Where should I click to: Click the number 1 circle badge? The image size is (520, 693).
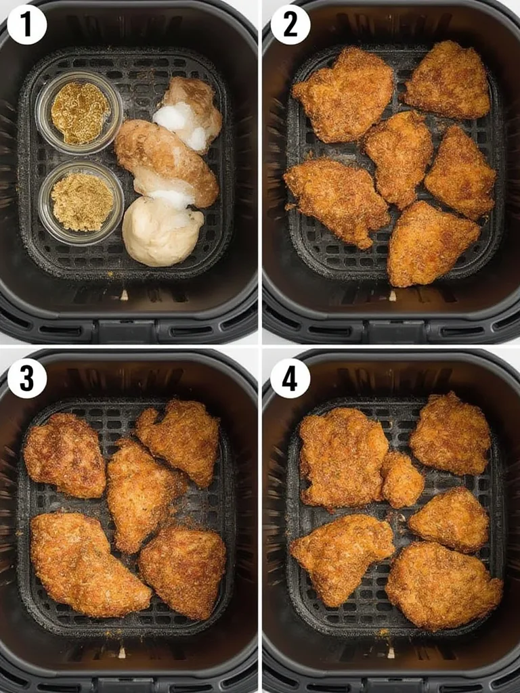pos(26,24)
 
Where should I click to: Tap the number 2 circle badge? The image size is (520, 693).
pos(290,24)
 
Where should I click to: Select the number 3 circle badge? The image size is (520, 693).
pos(26,378)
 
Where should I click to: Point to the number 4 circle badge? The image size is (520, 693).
pos(290,378)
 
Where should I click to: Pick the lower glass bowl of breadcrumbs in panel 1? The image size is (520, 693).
pos(81,201)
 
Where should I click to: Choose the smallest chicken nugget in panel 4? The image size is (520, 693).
pos(402,478)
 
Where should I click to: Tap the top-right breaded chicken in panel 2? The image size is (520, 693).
pos(448,80)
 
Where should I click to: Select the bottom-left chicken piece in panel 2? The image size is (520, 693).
pos(336,200)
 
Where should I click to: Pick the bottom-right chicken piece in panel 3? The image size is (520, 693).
pos(183,571)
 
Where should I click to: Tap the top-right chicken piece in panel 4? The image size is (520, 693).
pos(450,433)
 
